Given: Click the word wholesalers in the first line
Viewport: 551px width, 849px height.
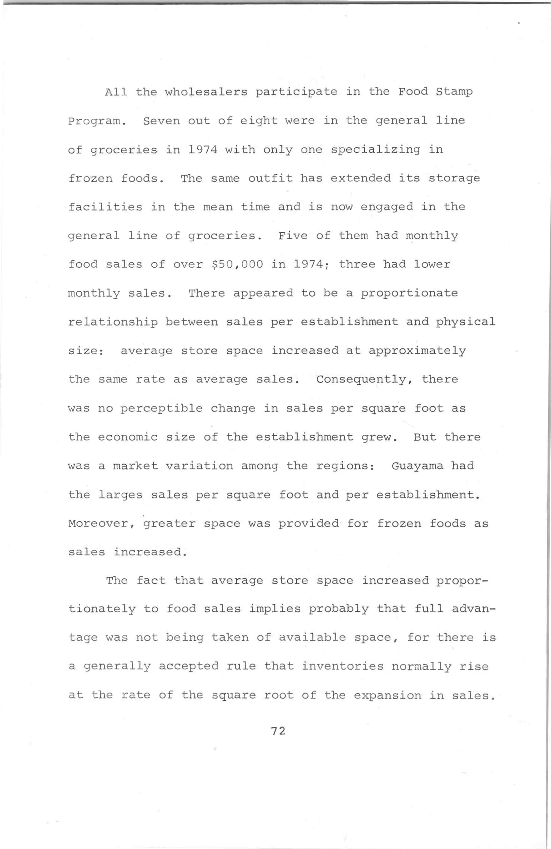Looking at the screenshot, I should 206,92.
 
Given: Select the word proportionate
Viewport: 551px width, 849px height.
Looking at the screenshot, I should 409,294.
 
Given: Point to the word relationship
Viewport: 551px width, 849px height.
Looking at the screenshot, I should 113,322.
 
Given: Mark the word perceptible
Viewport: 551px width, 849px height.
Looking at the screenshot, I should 161,409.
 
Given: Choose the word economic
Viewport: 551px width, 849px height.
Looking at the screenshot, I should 128,437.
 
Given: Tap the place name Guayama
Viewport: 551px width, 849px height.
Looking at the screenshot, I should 417,466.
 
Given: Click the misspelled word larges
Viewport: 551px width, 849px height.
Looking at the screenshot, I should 120,495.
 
